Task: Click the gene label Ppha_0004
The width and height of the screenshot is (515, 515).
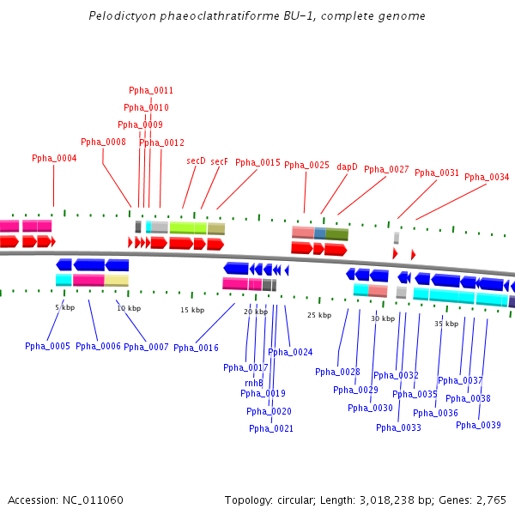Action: (x=54, y=158)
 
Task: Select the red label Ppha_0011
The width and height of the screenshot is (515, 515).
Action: (x=151, y=90)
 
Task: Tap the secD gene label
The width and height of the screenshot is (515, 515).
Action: (x=196, y=161)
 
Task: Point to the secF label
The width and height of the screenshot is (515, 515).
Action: (x=220, y=161)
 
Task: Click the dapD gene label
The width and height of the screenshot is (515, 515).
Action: (x=347, y=167)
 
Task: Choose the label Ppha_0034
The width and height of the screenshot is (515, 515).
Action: (x=487, y=177)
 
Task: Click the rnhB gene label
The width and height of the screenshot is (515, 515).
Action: (x=254, y=383)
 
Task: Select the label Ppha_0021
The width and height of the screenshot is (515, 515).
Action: (x=271, y=428)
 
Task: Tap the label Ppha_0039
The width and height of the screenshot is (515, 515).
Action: (x=478, y=425)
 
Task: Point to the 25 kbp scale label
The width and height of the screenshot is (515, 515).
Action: (x=318, y=315)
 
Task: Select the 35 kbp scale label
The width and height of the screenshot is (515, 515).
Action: (x=445, y=324)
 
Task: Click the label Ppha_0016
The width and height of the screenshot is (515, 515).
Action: (x=196, y=348)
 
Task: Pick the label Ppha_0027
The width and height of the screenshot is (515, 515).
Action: (x=386, y=169)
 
